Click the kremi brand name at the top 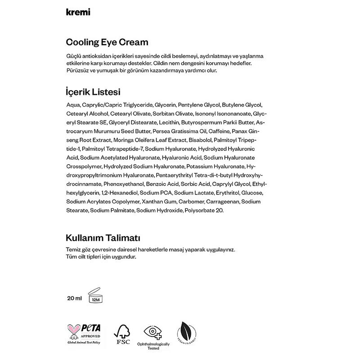[77, 12]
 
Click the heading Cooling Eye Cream [107, 43]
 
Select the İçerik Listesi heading [93, 92]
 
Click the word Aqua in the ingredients [72, 105]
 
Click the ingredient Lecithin [171, 122]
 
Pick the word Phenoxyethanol [123, 184]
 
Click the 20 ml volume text [74, 298]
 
